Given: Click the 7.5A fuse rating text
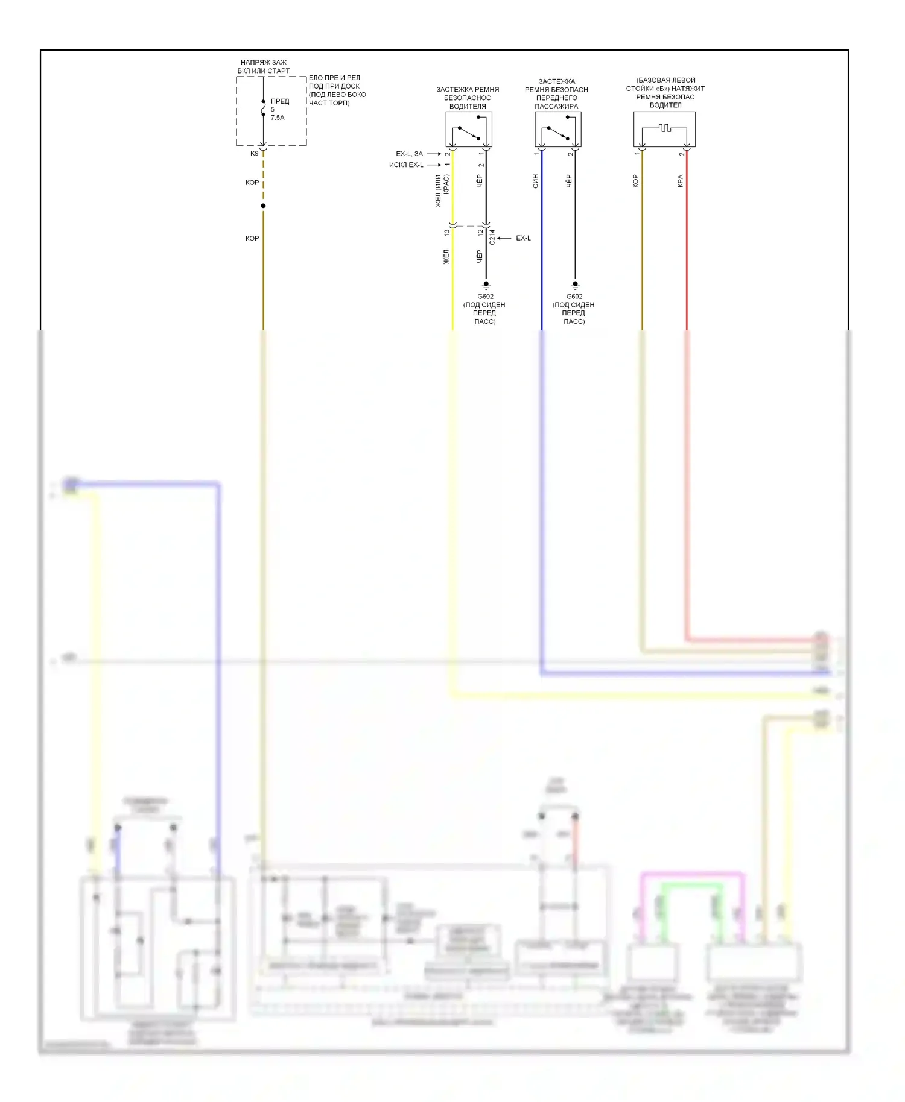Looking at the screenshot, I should (x=278, y=118).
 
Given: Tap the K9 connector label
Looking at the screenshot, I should (x=255, y=154).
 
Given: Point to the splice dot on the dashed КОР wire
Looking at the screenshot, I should (x=263, y=206).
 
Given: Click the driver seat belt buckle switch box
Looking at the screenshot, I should (x=469, y=129).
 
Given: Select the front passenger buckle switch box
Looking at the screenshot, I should (x=557, y=129).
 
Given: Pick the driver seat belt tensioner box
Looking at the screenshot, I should (x=664, y=129).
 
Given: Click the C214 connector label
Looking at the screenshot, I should (x=492, y=237).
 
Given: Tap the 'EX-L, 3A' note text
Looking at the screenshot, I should (x=409, y=154).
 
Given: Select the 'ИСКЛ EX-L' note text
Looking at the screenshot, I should (x=406, y=165).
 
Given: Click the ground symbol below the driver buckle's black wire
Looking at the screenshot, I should (x=486, y=285).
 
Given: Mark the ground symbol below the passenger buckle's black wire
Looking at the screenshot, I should (x=575, y=285).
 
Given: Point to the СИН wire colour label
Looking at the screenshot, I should (x=535, y=181).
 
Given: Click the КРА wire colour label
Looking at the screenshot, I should (x=680, y=181).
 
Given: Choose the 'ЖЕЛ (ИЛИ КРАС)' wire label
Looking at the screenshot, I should (x=442, y=190).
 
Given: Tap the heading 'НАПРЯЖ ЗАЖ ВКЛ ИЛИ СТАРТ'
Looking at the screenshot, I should (x=264, y=66).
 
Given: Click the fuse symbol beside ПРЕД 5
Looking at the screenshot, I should (x=263, y=109).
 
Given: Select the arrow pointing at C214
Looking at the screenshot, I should (x=504, y=238).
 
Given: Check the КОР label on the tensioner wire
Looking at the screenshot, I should (x=635, y=181).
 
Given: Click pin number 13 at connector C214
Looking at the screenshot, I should (x=446, y=233).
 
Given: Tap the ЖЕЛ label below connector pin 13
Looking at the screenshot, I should (x=446, y=257).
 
